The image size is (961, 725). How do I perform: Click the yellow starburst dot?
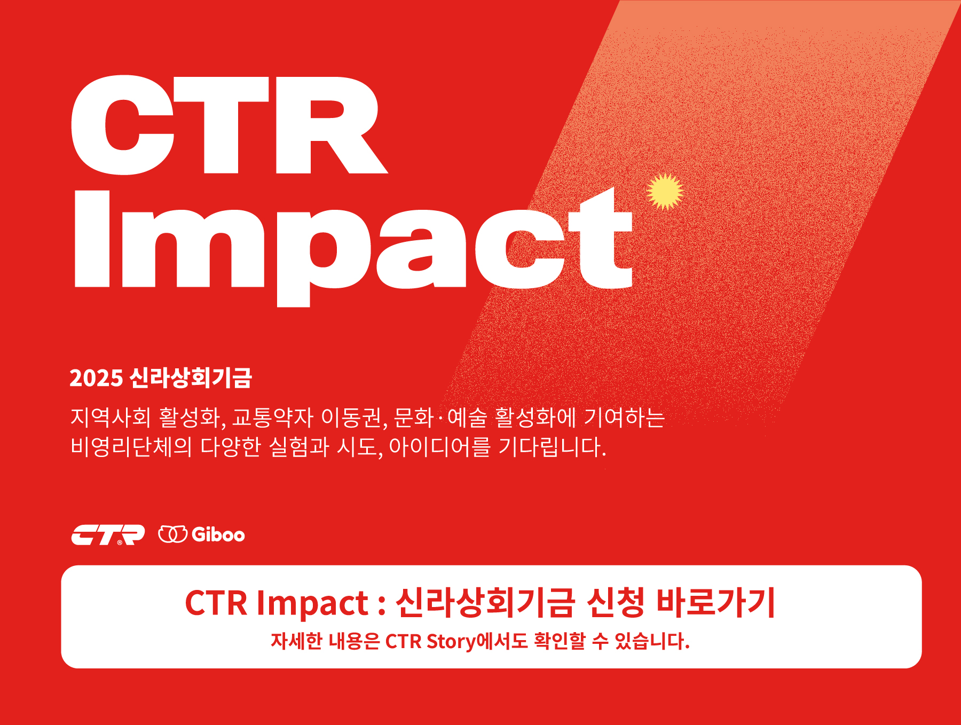point(665,191)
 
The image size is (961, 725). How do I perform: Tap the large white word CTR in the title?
point(230,125)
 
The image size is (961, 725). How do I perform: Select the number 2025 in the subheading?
point(96,378)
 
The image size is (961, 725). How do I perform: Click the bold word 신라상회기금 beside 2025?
point(191,377)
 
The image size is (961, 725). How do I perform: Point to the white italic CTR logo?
point(108,535)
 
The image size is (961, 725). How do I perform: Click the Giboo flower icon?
point(172,534)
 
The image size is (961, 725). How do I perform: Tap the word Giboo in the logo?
point(218,534)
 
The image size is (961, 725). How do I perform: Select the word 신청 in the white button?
point(615,603)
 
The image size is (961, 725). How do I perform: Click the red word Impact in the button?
point(312,604)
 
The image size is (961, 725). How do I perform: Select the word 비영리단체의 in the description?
point(131,446)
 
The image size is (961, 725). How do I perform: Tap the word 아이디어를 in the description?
point(439,446)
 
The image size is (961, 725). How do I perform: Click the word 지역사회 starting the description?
point(111,417)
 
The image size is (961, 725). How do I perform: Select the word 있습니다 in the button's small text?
point(652,641)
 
